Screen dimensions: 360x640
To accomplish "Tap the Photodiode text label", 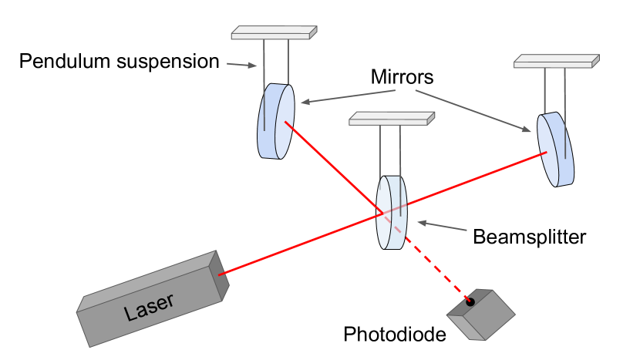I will click(395, 335).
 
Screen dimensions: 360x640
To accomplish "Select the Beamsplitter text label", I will click(529, 236).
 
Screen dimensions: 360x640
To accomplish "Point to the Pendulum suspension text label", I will click(120, 61).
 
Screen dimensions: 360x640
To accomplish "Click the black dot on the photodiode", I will click(470, 300).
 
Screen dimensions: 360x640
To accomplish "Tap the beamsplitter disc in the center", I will click(390, 213).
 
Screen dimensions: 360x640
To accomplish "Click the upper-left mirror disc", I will click(275, 121).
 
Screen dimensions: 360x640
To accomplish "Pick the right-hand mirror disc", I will click(556, 149).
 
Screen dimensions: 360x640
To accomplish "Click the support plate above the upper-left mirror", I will click(274, 32).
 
